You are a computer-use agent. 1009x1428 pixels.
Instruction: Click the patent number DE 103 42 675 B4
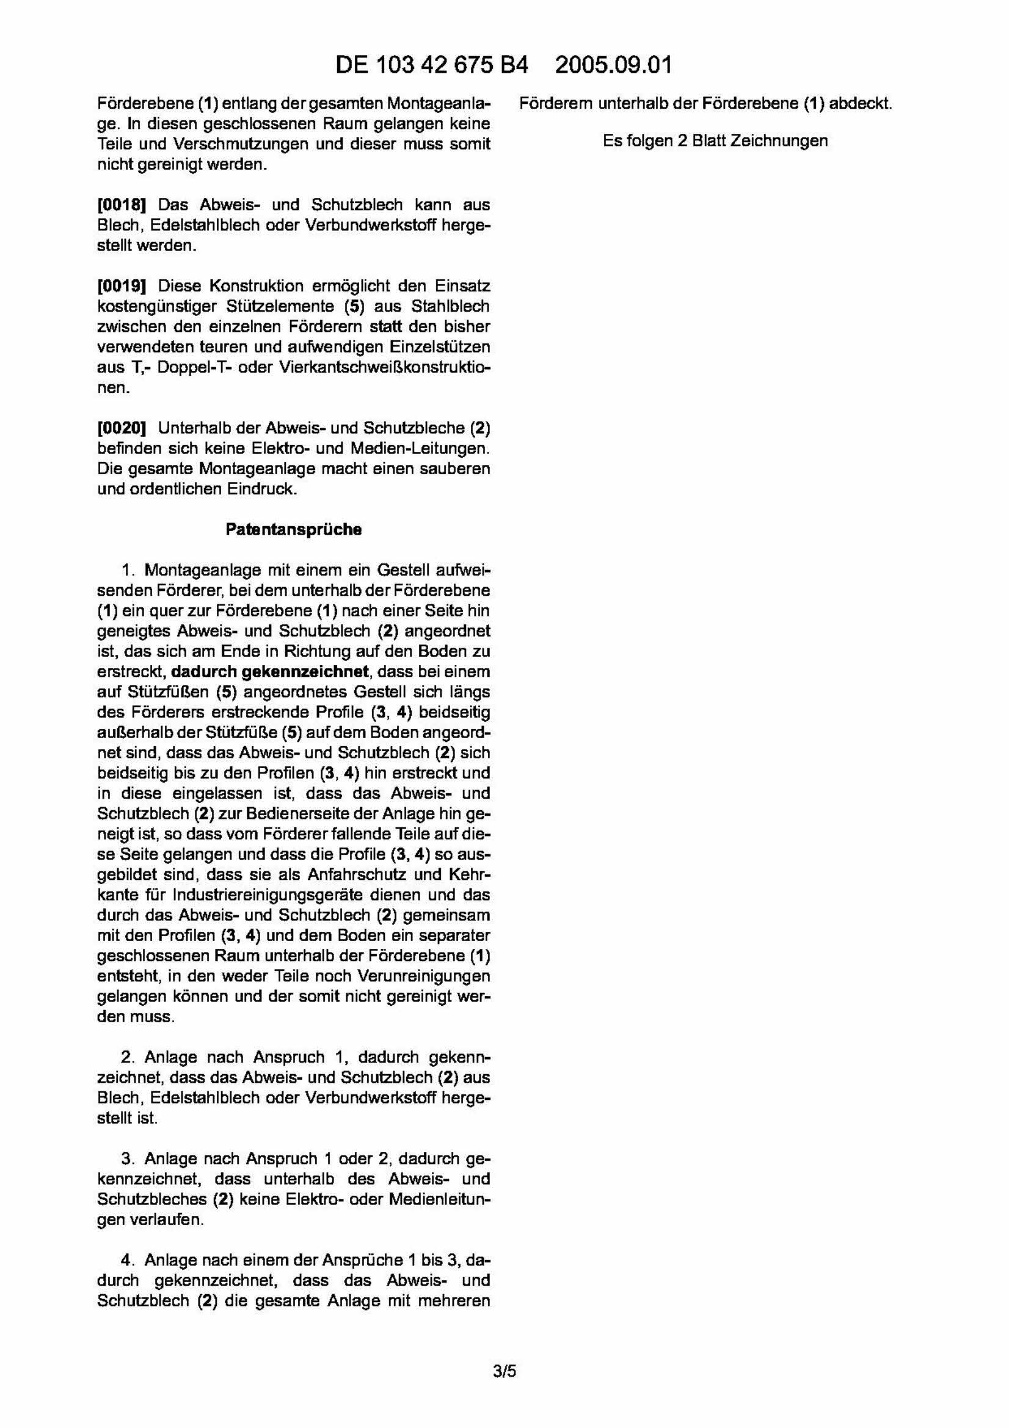(x=431, y=65)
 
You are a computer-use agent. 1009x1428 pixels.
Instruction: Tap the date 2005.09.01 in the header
(x=613, y=65)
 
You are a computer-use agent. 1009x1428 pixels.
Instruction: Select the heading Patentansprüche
(x=293, y=529)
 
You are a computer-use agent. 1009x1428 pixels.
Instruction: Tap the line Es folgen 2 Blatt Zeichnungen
(x=715, y=141)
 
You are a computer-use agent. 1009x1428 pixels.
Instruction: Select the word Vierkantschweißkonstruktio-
(x=385, y=368)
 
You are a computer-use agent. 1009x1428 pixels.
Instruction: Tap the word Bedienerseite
(x=319, y=813)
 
